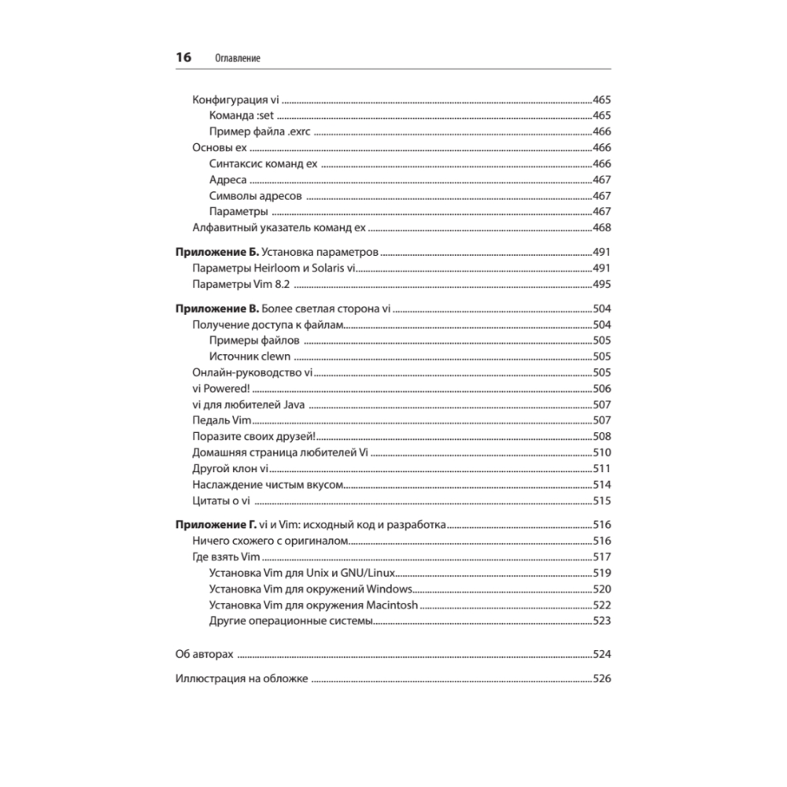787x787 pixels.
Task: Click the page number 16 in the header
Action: (x=183, y=57)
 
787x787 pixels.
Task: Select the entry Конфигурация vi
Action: (x=236, y=100)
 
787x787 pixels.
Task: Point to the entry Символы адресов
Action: (x=255, y=195)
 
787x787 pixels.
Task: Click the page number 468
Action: (x=601, y=227)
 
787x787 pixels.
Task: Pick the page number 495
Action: (x=601, y=284)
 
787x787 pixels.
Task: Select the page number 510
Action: (x=601, y=452)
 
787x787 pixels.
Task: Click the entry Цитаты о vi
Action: (x=221, y=500)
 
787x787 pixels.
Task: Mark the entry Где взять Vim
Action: (x=226, y=556)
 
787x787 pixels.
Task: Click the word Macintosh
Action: (x=392, y=604)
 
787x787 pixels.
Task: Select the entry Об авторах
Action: (x=203, y=654)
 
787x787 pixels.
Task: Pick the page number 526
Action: (x=601, y=678)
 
